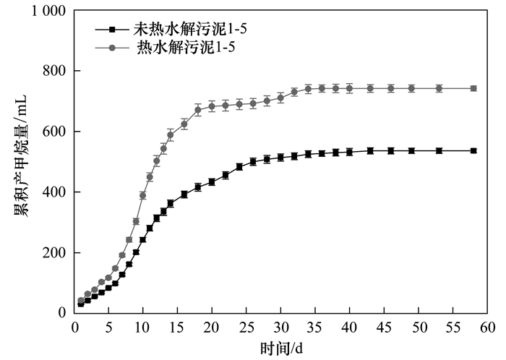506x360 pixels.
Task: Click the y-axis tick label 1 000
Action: point(48,11)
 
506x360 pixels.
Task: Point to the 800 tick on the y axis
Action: point(54,71)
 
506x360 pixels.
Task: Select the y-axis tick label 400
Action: point(54,192)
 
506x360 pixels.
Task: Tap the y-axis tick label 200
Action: point(54,253)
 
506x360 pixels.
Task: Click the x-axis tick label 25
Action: point(246,327)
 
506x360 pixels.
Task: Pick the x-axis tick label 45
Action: point(384,327)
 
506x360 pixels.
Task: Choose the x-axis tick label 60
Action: point(487,327)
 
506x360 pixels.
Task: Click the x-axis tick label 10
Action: point(142,327)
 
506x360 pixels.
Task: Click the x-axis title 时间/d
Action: point(281,348)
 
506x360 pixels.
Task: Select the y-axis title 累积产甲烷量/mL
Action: point(21,156)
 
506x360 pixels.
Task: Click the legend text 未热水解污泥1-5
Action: point(190,30)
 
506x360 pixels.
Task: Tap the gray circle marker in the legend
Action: point(112,48)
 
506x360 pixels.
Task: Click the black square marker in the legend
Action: point(112,30)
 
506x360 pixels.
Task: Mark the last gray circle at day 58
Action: point(473,88)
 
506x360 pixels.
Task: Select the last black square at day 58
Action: point(473,150)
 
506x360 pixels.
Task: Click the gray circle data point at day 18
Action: point(198,110)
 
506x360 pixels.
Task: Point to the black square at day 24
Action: point(239,167)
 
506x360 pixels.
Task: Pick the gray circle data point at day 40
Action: point(349,88)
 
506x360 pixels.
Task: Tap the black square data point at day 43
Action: point(370,150)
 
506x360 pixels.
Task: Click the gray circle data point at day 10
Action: point(142,195)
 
